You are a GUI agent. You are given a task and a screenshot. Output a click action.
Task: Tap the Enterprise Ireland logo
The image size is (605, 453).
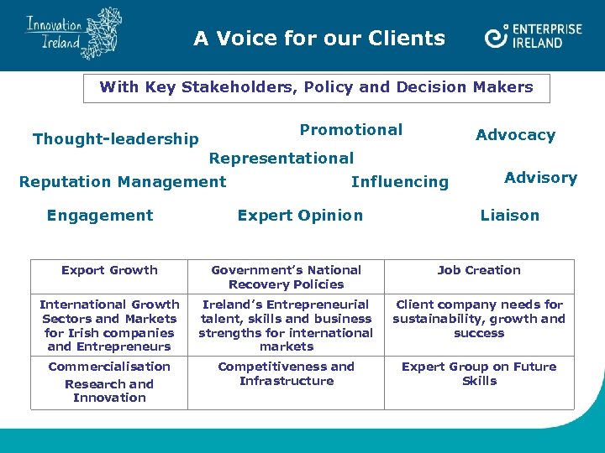533,36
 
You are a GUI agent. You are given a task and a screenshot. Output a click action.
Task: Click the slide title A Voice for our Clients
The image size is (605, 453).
319,38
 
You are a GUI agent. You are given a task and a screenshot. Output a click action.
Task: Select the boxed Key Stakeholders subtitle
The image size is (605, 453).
316,87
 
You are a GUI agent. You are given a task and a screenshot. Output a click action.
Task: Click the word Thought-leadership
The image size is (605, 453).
115,139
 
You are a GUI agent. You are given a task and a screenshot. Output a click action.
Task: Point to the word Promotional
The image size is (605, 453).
351,130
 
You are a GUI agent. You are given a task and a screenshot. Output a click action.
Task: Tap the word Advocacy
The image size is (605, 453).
515,135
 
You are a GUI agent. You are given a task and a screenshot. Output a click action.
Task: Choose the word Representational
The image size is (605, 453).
281,158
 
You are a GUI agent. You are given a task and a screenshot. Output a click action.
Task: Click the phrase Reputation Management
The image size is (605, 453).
123,181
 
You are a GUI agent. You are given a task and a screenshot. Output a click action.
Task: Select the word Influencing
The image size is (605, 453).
400,182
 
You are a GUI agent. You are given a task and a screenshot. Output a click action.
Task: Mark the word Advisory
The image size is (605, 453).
540,178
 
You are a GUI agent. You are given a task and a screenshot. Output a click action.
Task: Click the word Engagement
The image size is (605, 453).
100,216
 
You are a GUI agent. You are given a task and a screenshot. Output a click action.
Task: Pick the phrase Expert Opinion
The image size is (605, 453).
300,216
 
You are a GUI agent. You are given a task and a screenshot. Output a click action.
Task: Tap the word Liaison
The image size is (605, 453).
509,216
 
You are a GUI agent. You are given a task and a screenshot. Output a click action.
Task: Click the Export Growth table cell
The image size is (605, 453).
109,270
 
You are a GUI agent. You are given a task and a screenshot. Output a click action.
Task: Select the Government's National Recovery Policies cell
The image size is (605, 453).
286,277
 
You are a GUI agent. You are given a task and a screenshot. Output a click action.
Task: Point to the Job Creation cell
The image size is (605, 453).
479,270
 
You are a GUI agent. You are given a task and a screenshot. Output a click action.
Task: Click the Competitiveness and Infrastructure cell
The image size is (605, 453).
286,373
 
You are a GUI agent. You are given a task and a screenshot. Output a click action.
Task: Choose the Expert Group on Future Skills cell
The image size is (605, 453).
479,373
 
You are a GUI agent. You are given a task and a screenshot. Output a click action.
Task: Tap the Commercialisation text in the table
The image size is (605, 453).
109,367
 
